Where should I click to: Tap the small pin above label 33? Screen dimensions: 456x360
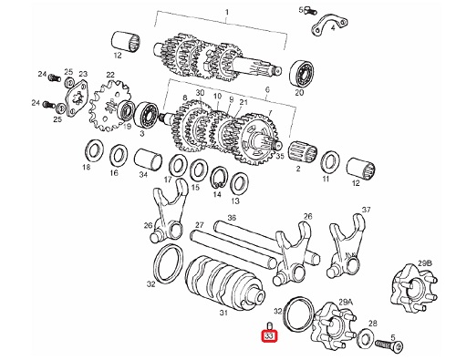(269, 326)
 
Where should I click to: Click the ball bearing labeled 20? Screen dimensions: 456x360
(302, 74)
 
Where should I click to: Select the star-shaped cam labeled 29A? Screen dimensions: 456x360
(334, 326)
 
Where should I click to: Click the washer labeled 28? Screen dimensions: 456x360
(367, 337)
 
